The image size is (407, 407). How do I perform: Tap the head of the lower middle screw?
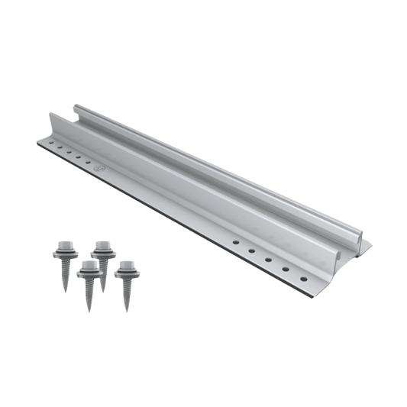(x=88, y=266)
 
